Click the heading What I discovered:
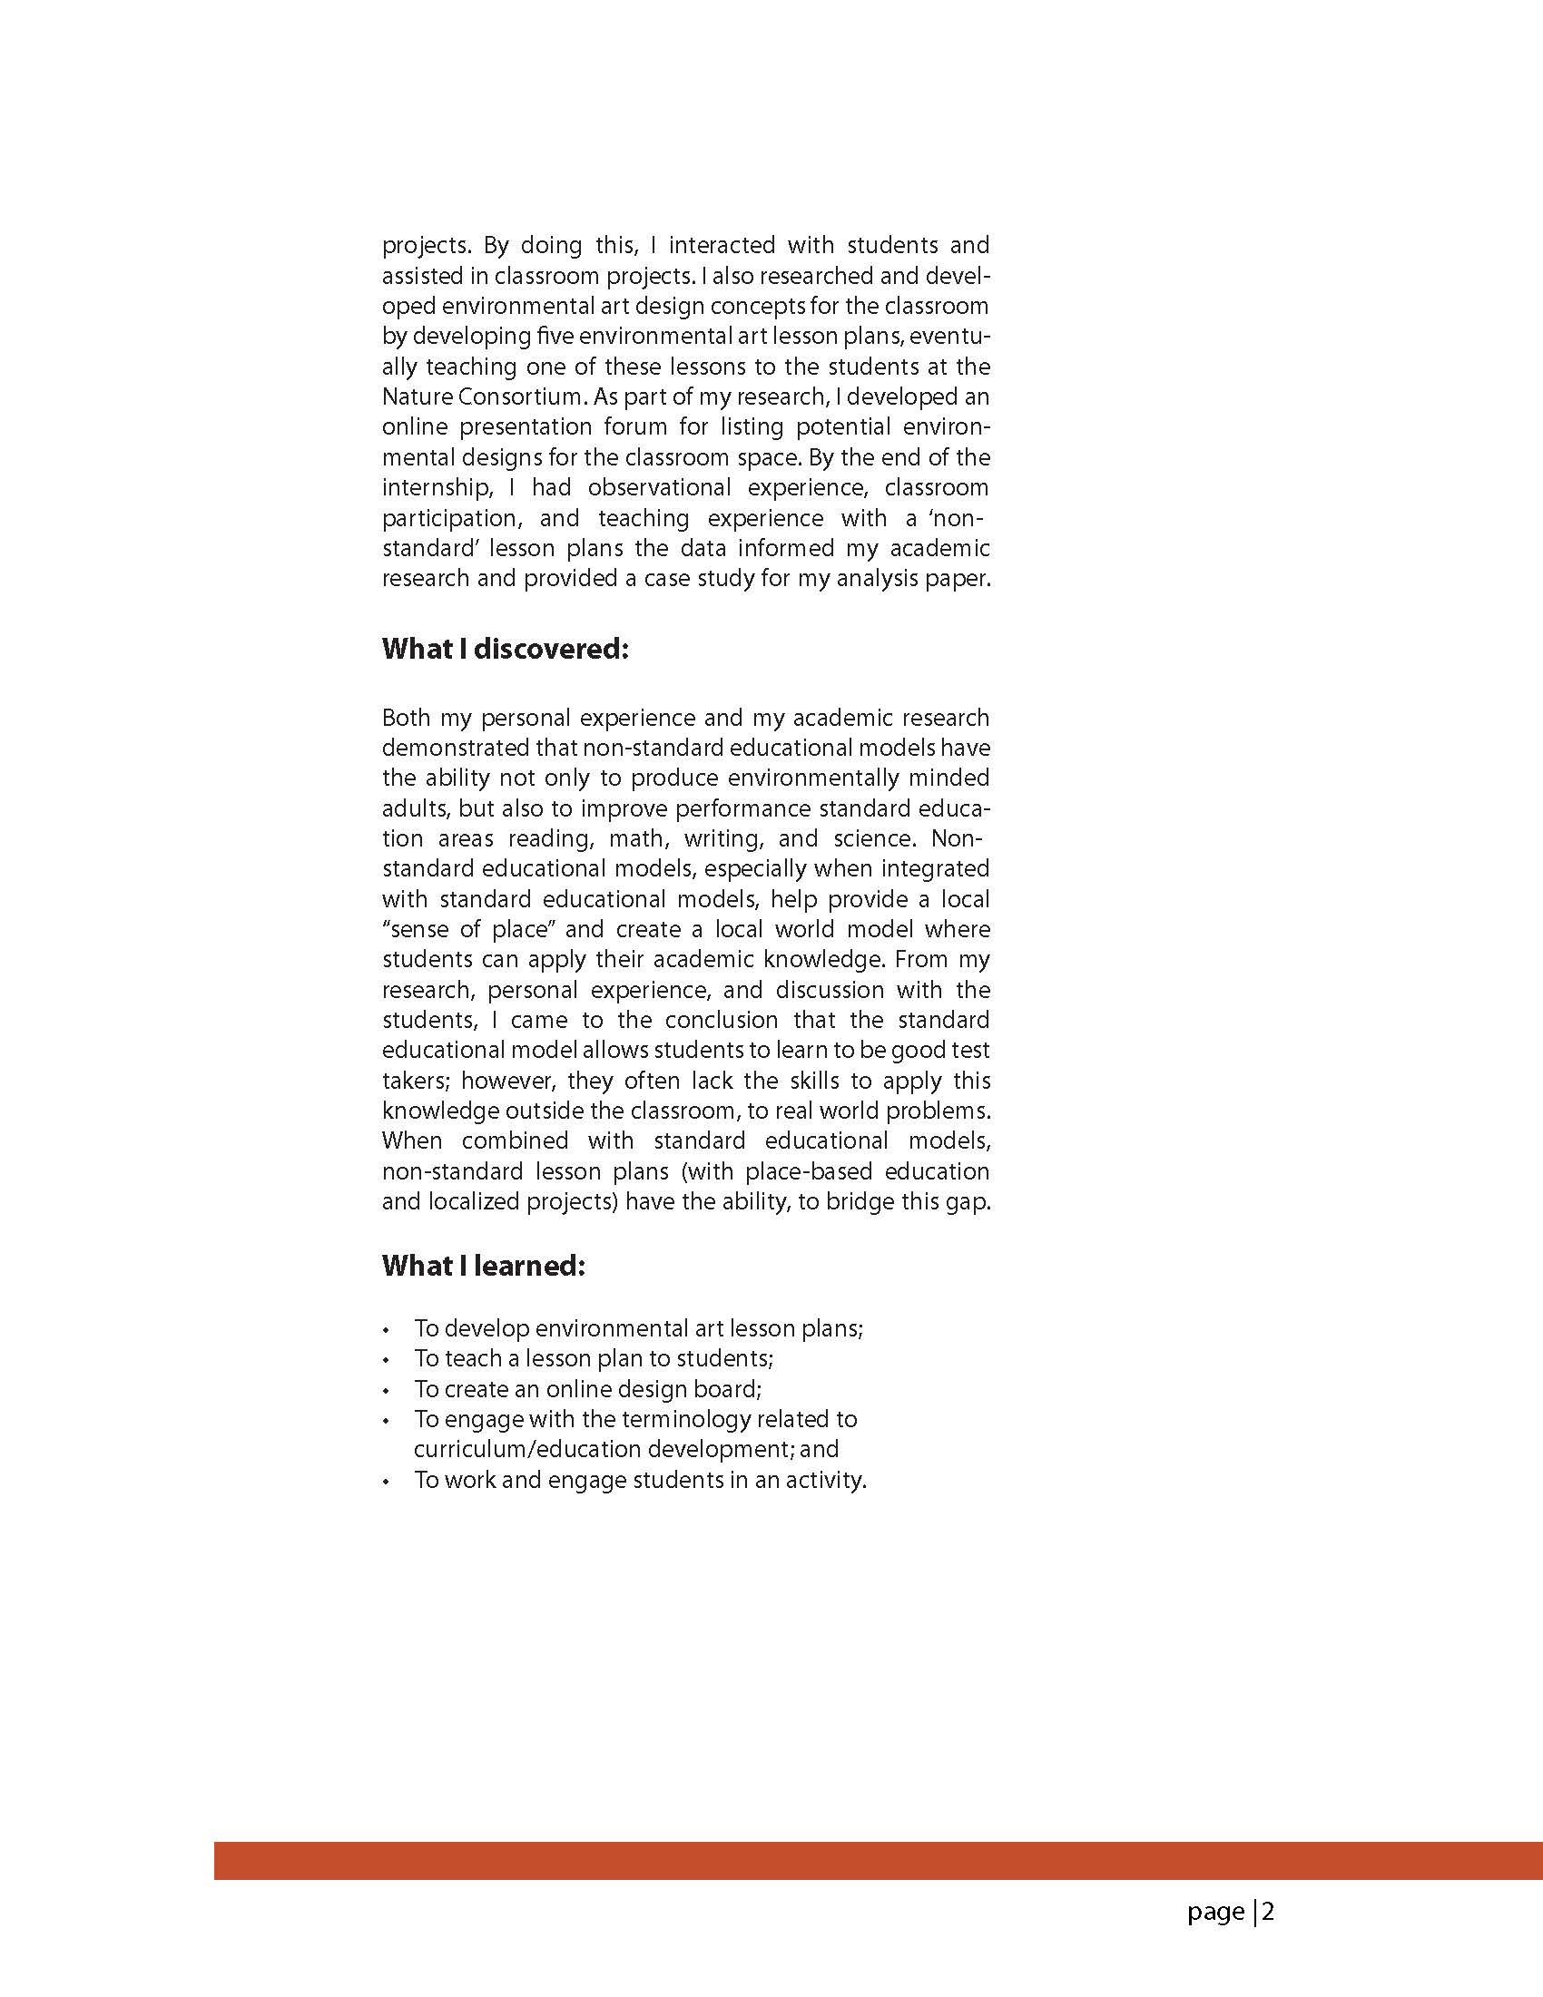click(505, 649)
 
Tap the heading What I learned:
click(483, 1266)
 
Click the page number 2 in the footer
click(1269, 1912)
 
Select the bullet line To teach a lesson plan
click(593, 1359)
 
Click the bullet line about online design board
click(587, 1389)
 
